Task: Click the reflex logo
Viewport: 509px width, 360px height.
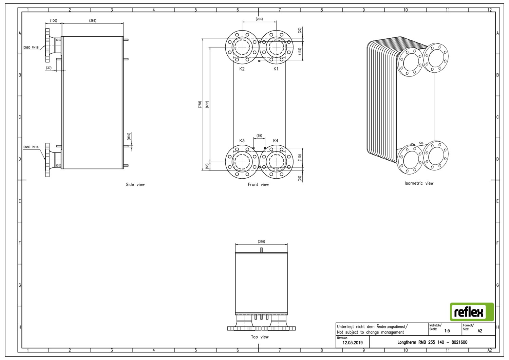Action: pos(472,312)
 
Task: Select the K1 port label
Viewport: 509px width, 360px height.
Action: pos(276,69)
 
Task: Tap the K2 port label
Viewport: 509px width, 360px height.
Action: pos(242,69)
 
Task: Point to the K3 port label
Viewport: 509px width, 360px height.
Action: pos(242,141)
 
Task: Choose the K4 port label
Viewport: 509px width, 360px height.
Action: pos(276,141)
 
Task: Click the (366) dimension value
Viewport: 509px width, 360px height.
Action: pos(93,21)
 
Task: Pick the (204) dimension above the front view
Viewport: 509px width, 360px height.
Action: pos(259,19)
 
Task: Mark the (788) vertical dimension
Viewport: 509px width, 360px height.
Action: pos(200,104)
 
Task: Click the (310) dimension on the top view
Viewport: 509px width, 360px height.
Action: pos(261,241)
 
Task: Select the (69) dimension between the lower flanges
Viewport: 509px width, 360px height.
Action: pos(259,136)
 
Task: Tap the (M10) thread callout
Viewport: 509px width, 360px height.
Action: pos(129,137)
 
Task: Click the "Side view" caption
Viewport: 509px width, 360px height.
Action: pos(135,185)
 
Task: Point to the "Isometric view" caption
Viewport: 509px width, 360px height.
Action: pos(419,183)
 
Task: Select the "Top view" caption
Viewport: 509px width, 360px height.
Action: pos(260,337)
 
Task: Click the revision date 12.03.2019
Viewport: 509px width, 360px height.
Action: pos(353,343)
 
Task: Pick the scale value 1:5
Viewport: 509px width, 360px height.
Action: pos(447,331)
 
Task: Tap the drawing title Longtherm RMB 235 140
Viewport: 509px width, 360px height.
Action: pos(421,342)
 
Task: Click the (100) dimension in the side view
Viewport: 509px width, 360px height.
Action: pos(54,21)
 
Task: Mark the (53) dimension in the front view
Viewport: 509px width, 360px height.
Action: pos(207,166)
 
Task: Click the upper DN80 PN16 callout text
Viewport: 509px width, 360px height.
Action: pos(31,48)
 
